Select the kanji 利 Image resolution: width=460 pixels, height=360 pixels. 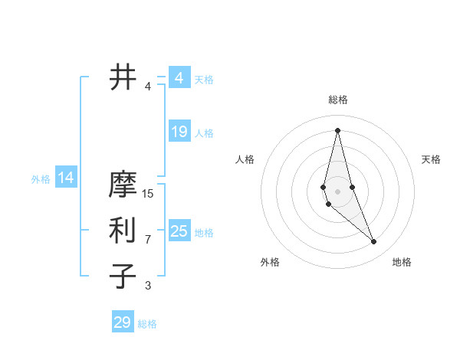(123, 230)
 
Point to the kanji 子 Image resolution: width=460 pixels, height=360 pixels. (123, 276)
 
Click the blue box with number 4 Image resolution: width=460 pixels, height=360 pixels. (179, 77)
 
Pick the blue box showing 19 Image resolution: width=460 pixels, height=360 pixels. (179, 132)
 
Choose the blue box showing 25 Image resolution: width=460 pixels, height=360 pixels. (179, 231)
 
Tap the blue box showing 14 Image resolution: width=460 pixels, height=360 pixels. (65, 178)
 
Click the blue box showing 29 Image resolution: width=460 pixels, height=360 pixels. (123, 322)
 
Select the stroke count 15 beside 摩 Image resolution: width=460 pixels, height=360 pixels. (148, 194)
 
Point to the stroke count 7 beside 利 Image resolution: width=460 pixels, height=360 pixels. (148, 240)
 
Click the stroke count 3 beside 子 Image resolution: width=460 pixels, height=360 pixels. (148, 286)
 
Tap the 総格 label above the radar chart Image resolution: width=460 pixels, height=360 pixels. (338, 100)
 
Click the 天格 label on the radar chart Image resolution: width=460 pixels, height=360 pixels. (431, 159)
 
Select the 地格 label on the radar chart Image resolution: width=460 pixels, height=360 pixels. (402, 262)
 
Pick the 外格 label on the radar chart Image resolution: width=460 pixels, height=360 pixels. (270, 262)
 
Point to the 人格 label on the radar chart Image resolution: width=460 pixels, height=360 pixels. (245, 159)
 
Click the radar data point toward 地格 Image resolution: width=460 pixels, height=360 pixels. (374, 242)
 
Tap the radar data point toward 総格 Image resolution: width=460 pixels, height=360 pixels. (338, 129)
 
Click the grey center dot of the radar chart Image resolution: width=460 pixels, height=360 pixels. (338, 191)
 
